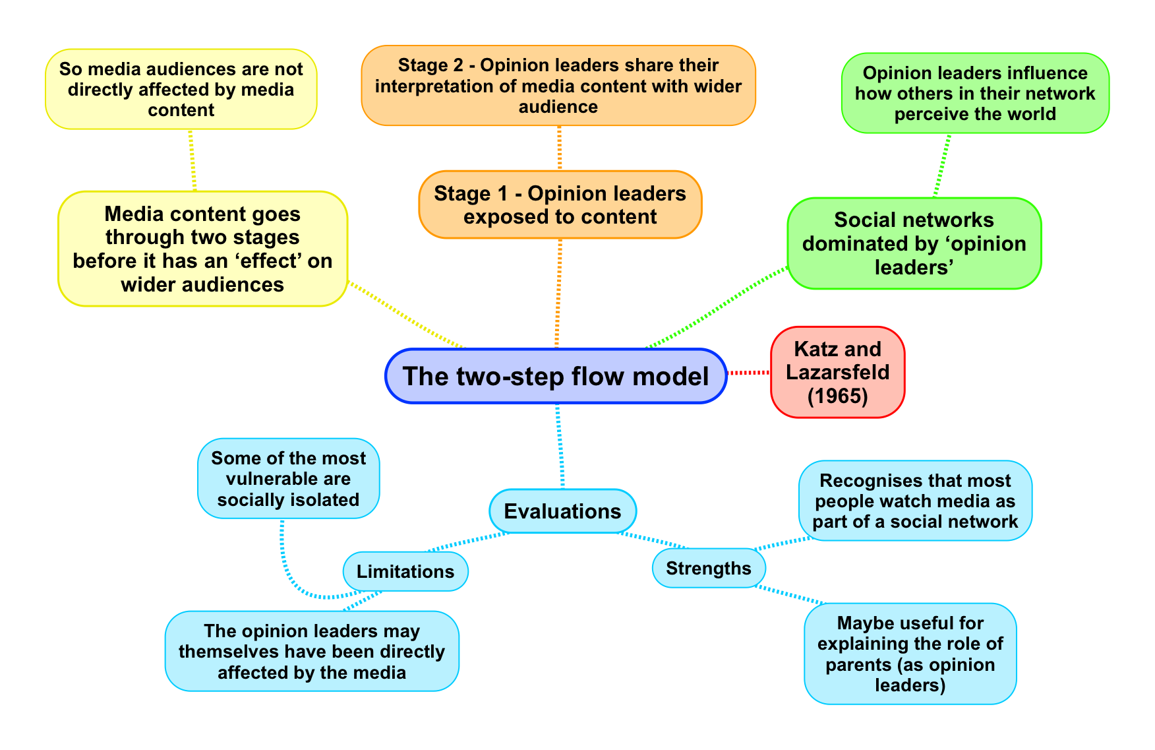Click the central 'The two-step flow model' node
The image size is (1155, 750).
(x=556, y=376)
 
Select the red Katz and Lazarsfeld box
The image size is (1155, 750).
(x=837, y=372)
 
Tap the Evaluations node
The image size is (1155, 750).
(x=562, y=511)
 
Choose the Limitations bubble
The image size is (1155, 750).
(x=405, y=571)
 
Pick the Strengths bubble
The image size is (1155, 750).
(x=709, y=568)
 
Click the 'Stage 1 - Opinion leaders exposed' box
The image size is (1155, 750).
(x=560, y=204)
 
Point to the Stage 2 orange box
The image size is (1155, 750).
(x=558, y=86)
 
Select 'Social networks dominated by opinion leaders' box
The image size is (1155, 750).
(x=914, y=243)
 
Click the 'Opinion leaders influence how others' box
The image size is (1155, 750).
(x=975, y=93)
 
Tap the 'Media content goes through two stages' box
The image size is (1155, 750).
(x=202, y=249)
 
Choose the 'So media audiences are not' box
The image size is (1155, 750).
(x=181, y=89)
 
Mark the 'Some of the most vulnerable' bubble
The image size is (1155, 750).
(x=289, y=478)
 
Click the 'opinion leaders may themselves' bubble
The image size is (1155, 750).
(x=312, y=651)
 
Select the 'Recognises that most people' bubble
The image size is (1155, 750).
(x=915, y=501)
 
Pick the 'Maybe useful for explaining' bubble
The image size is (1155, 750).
(x=910, y=654)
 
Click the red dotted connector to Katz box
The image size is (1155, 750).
(x=749, y=373)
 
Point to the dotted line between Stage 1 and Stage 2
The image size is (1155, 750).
(x=559, y=148)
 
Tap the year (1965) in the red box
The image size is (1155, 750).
(x=837, y=396)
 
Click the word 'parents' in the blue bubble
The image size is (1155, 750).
(x=858, y=664)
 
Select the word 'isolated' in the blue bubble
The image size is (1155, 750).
(x=328, y=499)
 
